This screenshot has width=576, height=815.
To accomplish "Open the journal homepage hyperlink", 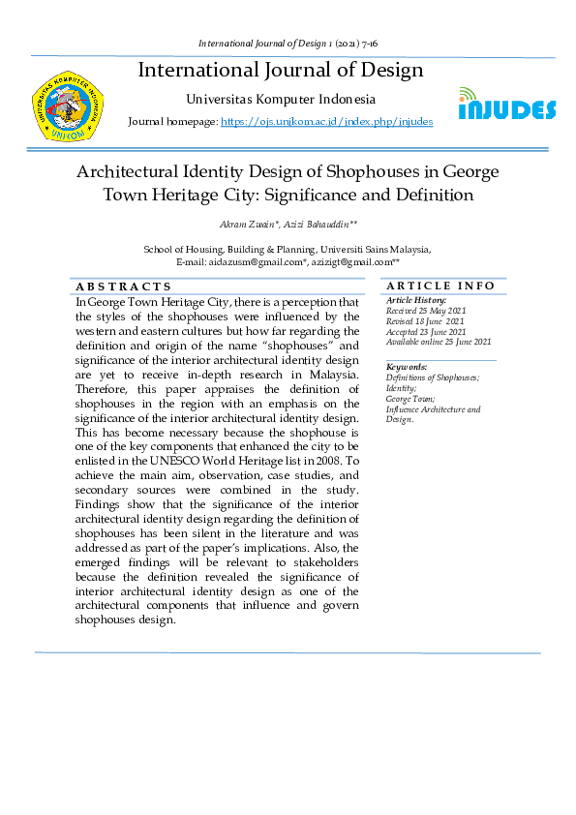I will pyautogui.click(x=326, y=122).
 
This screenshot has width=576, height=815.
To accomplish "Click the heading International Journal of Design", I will pyautogui.click(x=281, y=70).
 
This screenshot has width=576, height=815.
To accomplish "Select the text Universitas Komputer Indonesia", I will pyautogui.click(x=280, y=99).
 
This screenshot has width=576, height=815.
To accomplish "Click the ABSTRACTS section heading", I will pyautogui.click(x=124, y=287).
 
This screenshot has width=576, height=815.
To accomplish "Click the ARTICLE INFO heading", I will pyautogui.click(x=440, y=286).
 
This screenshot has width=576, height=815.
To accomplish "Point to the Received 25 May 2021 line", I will pyautogui.click(x=426, y=310).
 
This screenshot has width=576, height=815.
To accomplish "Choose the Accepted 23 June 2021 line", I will pyautogui.click(x=426, y=331).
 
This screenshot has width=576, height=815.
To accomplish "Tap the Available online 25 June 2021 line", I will pyautogui.click(x=439, y=342).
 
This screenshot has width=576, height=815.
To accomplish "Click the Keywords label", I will pyautogui.click(x=407, y=367).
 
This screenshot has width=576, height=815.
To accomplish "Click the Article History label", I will pyautogui.click(x=416, y=300).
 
